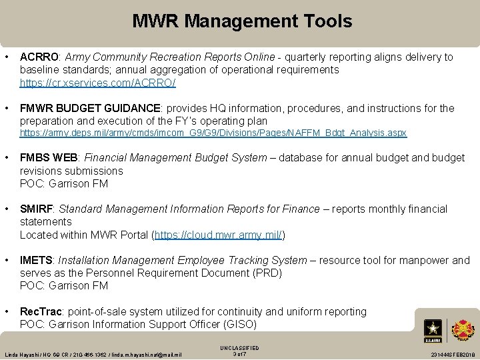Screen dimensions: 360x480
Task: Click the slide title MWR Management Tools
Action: pos(242,21)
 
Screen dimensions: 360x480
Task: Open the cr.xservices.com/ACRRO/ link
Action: pos(98,83)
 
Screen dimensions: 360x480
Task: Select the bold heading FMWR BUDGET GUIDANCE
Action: pos(91,109)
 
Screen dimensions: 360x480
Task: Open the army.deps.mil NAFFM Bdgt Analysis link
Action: pos(213,133)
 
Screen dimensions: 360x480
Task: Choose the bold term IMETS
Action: pos(36,261)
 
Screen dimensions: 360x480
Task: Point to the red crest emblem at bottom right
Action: pos(463,329)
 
